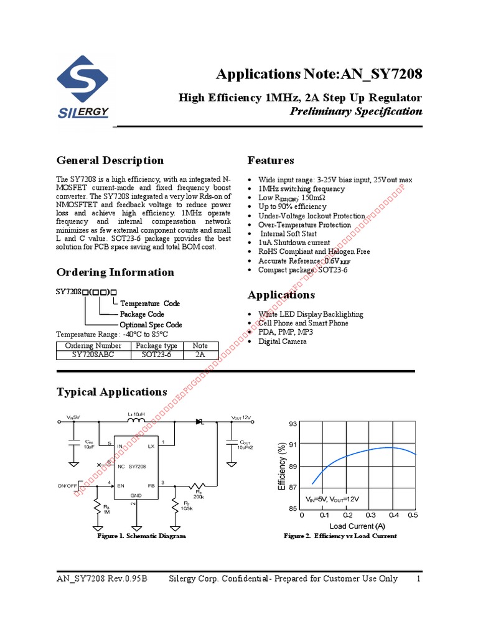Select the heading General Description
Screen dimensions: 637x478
point(110,160)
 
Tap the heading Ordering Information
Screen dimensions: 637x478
point(115,272)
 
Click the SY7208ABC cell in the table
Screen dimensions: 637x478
point(93,355)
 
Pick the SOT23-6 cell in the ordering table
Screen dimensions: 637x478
point(157,355)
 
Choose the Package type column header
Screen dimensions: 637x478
point(157,346)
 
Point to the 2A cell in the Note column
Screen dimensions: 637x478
point(200,355)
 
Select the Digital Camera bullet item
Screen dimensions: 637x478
point(283,342)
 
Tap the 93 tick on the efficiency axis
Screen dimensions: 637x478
point(294,424)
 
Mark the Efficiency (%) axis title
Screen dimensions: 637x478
point(283,467)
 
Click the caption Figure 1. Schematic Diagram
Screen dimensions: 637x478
point(141,536)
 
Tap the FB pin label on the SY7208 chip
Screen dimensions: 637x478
point(151,485)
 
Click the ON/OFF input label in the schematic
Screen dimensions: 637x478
point(68,485)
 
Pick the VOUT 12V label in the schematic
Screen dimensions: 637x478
point(241,418)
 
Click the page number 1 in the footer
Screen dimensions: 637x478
point(419,579)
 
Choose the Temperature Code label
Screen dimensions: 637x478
point(150,304)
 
